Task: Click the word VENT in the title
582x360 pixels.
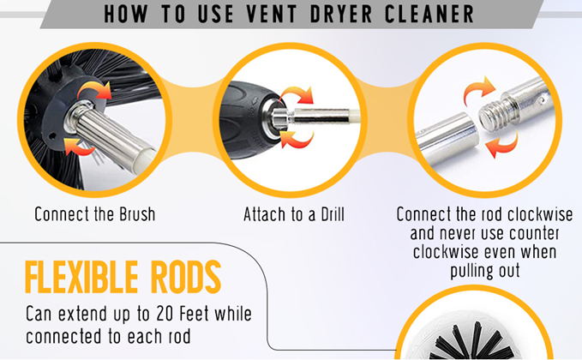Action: click(x=272, y=14)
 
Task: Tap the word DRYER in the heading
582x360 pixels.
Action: click(x=341, y=14)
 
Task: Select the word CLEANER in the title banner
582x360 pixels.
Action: click(x=429, y=14)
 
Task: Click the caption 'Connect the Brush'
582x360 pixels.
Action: click(x=95, y=214)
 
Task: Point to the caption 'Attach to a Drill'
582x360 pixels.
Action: click(x=294, y=214)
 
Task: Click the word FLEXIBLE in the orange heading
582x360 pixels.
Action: click(x=81, y=277)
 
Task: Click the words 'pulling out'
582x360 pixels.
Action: click(x=485, y=271)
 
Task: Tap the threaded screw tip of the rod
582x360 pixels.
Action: click(x=490, y=114)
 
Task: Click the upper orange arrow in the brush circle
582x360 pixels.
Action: click(x=94, y=90)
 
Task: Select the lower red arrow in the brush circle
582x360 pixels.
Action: click(x=79, y=147)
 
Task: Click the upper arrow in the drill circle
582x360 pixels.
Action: click(x=297, y=95)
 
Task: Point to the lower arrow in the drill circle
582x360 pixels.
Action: click(x=297, y=139)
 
